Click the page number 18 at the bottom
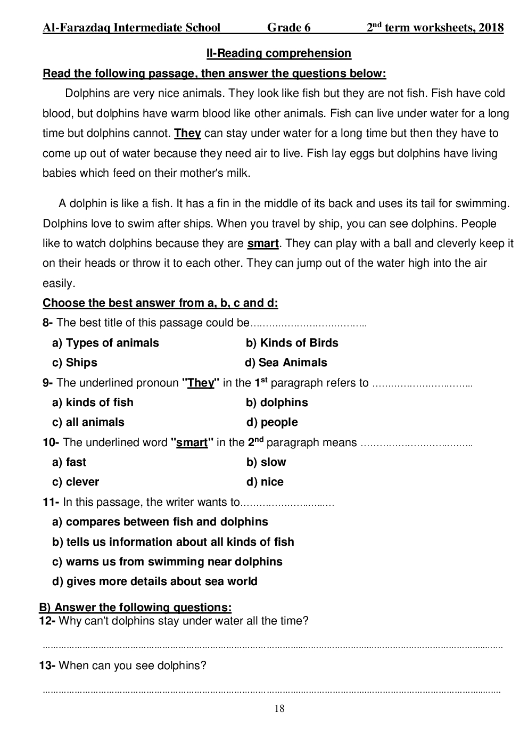pos(279,709)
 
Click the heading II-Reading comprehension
pos(278,53)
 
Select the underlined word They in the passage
pos(187,133)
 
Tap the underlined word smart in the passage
pos(263,244)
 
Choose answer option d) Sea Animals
pos(286,363)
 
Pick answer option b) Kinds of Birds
pos(292,343)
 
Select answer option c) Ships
pos(75,363)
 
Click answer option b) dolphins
pos(277,403)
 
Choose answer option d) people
pos(272,422)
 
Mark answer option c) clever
pos(76,482)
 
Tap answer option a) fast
pos(69,462)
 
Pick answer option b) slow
pos(266,462)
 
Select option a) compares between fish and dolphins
pos(160,522)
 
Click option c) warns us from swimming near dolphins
pos(167,562)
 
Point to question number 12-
pos(47,621)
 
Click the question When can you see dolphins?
pos(132,666)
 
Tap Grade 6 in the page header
pos(288,28)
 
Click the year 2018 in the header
pos(491,28)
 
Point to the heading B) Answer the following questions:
pos(135,608)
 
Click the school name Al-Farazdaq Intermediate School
pos(131,28)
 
